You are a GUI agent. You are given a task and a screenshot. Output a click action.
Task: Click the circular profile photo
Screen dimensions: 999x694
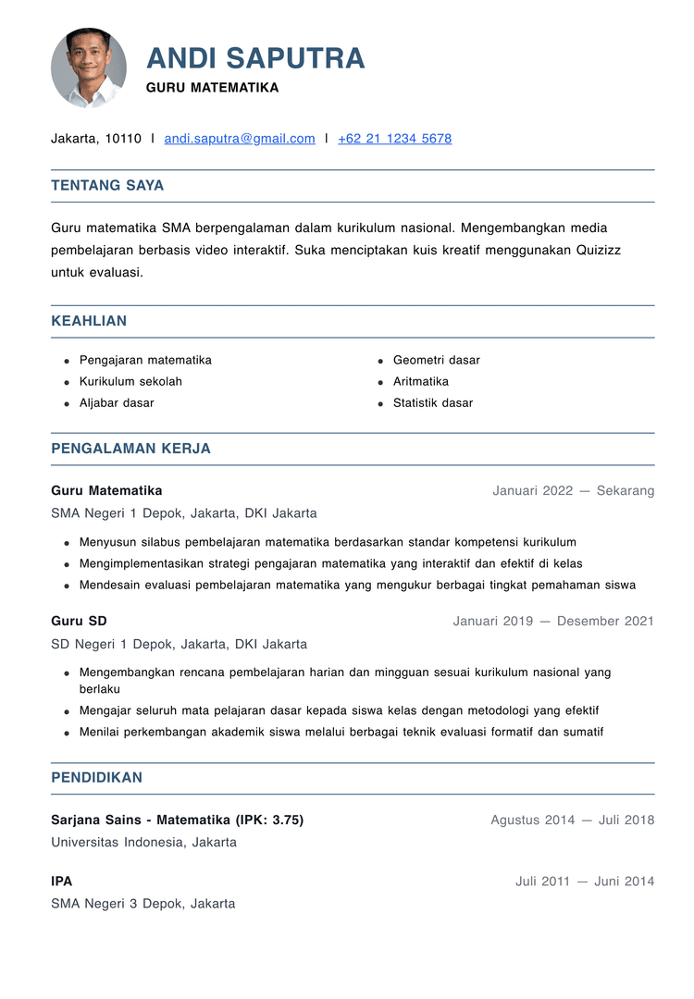89,68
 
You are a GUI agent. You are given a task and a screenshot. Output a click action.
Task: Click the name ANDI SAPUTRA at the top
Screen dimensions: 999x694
255,58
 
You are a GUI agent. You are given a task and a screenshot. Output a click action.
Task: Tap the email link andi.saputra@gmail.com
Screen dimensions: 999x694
240,139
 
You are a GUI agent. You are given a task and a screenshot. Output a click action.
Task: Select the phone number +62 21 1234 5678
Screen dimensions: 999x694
394,139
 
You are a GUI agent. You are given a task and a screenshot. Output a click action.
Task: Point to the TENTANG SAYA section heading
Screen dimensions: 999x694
107,185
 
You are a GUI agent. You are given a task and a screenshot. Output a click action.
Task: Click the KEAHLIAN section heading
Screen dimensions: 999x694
89,321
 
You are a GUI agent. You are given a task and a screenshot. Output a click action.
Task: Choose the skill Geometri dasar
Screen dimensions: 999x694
436,360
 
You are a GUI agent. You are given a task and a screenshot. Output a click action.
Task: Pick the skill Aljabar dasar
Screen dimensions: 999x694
117,402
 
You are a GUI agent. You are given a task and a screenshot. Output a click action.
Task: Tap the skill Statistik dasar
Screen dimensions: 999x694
432,402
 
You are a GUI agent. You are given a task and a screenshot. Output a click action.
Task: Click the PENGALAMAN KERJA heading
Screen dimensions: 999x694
130,449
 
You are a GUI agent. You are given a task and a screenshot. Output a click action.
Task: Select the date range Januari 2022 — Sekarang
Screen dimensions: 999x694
573,490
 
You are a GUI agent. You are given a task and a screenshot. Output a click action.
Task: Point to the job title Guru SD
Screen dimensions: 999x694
79,621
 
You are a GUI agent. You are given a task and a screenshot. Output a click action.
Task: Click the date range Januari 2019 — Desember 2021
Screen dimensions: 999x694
552,621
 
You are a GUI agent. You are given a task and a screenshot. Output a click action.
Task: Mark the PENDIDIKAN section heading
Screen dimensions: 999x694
96,777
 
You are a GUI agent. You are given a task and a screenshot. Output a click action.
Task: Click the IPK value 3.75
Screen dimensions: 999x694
282,820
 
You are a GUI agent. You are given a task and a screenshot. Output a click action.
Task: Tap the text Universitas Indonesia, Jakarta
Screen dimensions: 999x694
143,842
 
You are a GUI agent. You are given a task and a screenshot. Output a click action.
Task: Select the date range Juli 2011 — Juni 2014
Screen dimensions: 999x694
584,881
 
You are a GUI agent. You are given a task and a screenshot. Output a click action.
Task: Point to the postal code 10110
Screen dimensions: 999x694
123,139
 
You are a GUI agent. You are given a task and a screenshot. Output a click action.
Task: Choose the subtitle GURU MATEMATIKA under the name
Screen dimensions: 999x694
212,88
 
